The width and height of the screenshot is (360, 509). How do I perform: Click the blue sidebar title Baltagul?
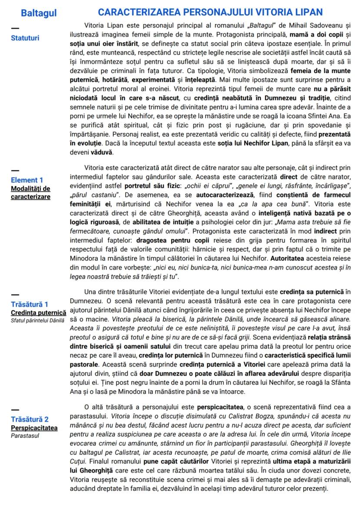click(x=39, y=13)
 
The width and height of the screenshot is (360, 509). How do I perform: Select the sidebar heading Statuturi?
click(x=25, y=38)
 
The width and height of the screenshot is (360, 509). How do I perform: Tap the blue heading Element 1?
click(x=27, y=180)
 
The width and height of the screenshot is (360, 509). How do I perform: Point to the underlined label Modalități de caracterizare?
click(x=30, y=192)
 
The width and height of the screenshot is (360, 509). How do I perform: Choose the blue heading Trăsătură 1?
click(x=30, y=304)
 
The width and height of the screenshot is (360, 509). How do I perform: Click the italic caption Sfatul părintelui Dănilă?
click(x=37, y=320)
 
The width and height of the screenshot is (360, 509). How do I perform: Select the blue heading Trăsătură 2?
click(x=30, y=419)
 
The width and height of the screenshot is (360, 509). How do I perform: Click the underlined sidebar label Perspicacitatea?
click(x=34, y=428)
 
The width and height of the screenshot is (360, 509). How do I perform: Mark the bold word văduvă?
click(x=102, y=153)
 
